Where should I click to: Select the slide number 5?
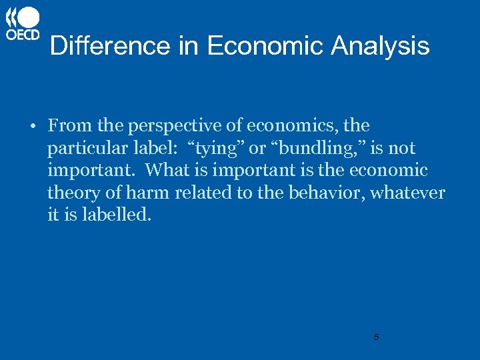(376, 337)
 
